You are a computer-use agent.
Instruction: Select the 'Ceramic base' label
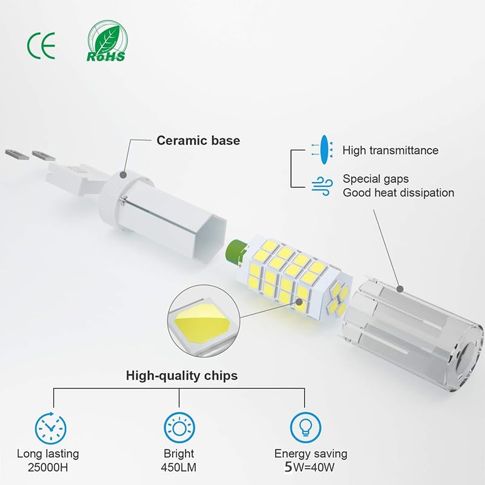[x=198, y=141]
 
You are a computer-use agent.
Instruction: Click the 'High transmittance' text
[x=390, y=150]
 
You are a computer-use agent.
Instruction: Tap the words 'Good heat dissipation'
[x=398, y=193]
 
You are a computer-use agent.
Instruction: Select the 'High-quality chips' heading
[x=182, y=375]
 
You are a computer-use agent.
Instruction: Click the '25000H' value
[x=48, y=467]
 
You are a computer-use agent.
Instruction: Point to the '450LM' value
[x=178, y=467]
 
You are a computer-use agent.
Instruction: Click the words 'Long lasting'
[x=48, y=453]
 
